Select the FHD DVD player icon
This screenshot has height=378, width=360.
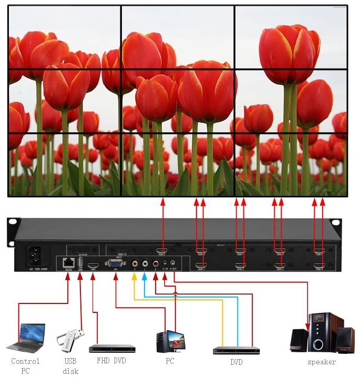(x=112, y=348)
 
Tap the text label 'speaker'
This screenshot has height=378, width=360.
(x=322, y=362)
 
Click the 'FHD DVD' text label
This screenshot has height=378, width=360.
(x=111, y=361)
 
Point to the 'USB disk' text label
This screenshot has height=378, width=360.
(x=70, y=366)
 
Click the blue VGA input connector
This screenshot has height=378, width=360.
(x=116, y=263)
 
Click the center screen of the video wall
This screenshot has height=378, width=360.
(x=178, y=101)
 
